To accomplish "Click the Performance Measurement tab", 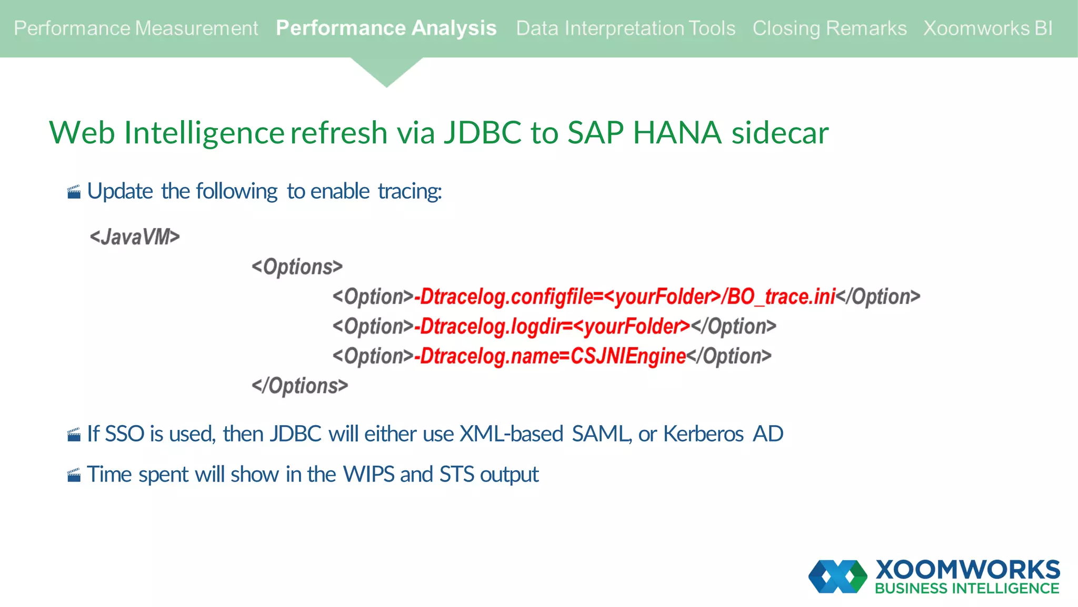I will (x=136, y=28).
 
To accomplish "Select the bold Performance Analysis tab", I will (x=386, y=28).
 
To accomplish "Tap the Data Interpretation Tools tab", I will (x=625, y=28).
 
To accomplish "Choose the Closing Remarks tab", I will (x=829, y=28).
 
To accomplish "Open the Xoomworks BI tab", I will (x=988, y=28).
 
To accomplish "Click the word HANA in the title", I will (x=676, y=132).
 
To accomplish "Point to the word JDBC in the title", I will (x=482, y=132).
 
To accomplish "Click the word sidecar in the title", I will (x=780, y=132).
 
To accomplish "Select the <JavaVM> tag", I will (x=135, y=237).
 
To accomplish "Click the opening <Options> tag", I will (x=297, y=267).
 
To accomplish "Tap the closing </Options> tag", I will (x=300, y=386).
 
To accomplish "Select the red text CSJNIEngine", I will (x=628, y=356).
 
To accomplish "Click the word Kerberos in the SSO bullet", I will (x=703, y=434).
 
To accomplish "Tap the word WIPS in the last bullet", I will (x=368, y=474).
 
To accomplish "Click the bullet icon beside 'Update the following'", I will (x=74, y=192).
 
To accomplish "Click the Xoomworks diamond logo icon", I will (x=837, y=576).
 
